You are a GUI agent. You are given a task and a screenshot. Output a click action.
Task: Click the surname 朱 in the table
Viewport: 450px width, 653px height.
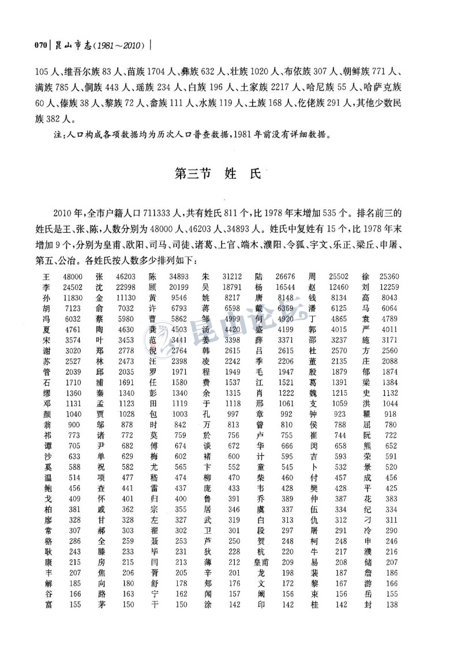click(208, 277)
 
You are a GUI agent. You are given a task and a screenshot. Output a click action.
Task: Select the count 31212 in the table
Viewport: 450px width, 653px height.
click(232, 277)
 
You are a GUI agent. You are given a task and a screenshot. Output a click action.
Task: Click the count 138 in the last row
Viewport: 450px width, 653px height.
click(392, 605)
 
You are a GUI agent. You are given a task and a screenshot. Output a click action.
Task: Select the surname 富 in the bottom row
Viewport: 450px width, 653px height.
click(47, 605)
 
